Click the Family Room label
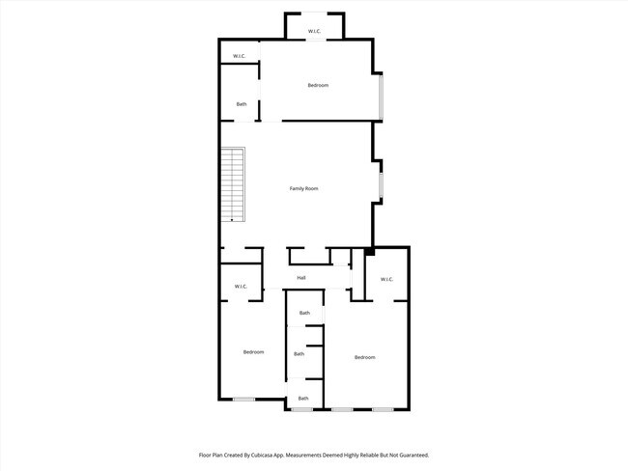[x=304, y=188]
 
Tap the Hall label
[x=301, y=278]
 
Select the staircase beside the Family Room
[x=232, y=184]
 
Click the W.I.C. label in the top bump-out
[x=315, y=32]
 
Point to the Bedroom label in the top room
[x=318, y=86]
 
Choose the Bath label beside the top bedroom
[x=242, y=104]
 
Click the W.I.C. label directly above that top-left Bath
[x=239, y=56]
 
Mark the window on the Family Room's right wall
[x=381, y=182]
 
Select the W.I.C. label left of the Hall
[x=242, y=286]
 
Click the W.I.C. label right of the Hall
[x=386, y=280]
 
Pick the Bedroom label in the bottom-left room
[x=253, y=352]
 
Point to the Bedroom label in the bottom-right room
[x=364, y=358]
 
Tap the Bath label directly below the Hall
[x=304, y=313]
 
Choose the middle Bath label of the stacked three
[x=300, y=354]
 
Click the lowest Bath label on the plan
[x=303, y=399]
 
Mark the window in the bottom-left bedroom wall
[x=243, y=400]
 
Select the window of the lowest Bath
[x=302, y=409]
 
